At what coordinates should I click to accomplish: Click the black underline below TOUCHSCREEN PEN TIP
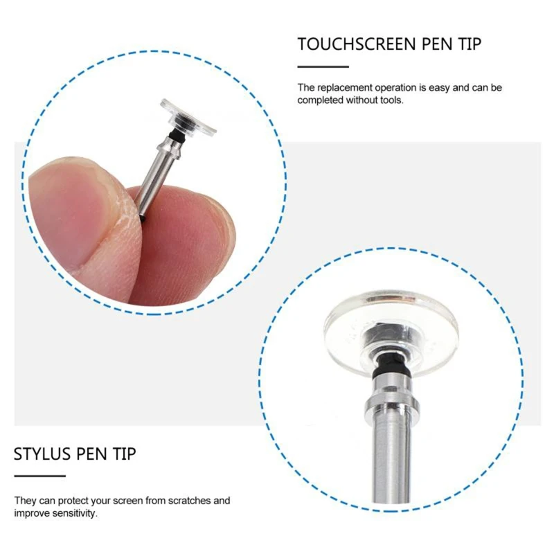[323, 66]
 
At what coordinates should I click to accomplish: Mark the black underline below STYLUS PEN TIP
[39, 476]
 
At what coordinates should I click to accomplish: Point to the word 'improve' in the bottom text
[31, 513]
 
